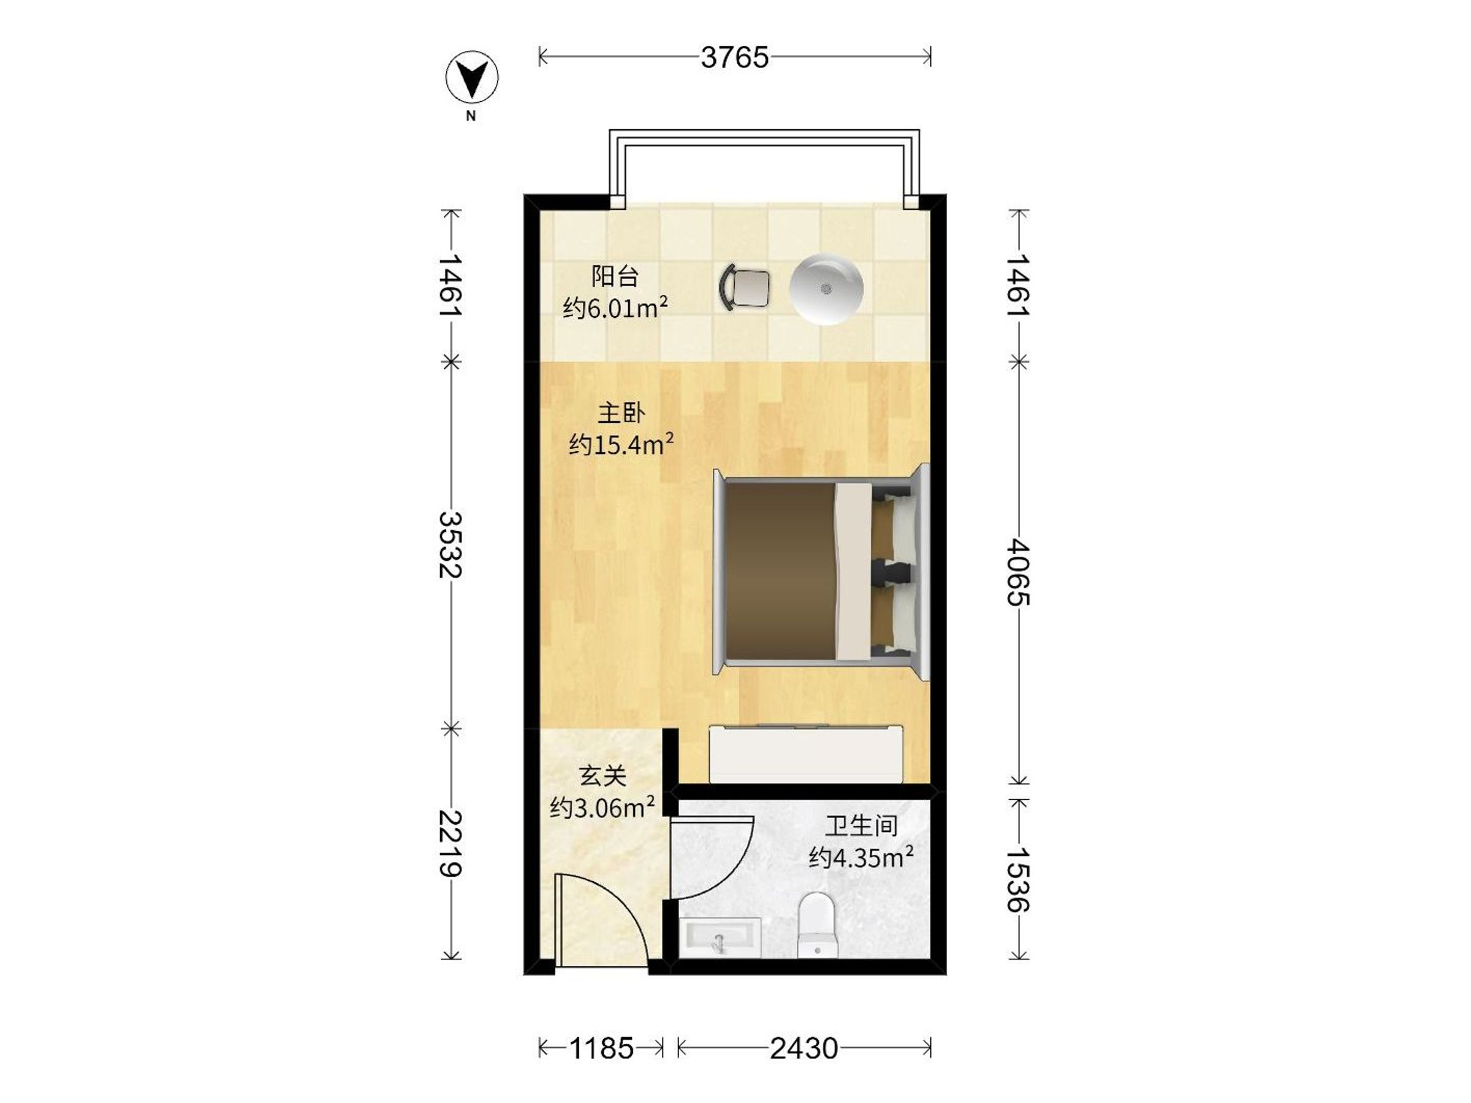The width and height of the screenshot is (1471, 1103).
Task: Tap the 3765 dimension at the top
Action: pyautogui.click(x=734, y=58)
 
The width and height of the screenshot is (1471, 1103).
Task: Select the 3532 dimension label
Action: pyautogui.click(x=451, y=545)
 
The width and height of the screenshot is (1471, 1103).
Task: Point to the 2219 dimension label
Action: pyautogui.click(x=451, y=844)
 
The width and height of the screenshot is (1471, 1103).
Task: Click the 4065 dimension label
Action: pyautogui.click(x=1018, y=572)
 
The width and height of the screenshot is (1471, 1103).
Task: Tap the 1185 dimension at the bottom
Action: pyautogui.click(x=601, y=1048)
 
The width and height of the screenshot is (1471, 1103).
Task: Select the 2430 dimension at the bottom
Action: pyautogui.click(x=804, y=1048)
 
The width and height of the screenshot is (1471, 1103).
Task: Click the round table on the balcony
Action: pyautogui.click(x=826, y=289)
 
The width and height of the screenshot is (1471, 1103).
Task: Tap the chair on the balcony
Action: pyautogui.click(x=744, y=287)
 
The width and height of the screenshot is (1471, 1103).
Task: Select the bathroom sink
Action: pyautogui.click(x=720, y=938)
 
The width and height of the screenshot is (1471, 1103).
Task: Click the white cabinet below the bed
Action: pyautogui.click(x=806, y=753)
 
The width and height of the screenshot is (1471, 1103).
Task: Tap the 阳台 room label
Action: pyautogui.click(x=615, y=276)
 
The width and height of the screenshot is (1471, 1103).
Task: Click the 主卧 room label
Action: pyautogui.click(x=621, y=413)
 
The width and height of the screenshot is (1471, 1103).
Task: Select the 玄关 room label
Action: pyautogui.click(x=602, y=775)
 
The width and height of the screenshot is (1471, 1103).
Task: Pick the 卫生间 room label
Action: pyautogui.click(x=861, y=826)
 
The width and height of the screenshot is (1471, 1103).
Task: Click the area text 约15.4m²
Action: pyautogui.click(x=621, y=444)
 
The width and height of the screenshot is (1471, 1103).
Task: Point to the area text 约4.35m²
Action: pyautogui.click(x=861, y=857)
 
